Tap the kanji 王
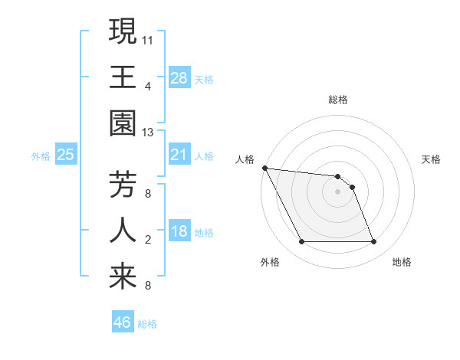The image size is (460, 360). [123, 77]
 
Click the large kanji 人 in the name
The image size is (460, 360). [123, 231]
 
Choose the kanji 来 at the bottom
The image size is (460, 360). [123, 278]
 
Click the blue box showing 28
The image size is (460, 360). [179, 77]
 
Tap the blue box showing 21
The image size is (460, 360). [179, 155]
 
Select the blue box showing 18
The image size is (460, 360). [179, 231]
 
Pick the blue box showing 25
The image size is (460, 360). [66, 155]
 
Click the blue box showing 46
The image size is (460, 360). [123, 322]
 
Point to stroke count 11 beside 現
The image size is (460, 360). [148, 38]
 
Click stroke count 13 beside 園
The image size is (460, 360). [148, 133]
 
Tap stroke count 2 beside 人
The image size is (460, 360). [148, 241]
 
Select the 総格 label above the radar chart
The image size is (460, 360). [338, 100]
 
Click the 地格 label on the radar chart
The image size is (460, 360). [402, 262]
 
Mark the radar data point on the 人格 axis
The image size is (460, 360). [264, 168]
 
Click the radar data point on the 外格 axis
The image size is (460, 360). [301, 242]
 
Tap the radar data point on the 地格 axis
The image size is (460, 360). [374, 242]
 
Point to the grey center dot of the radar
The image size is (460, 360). [337, 191]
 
